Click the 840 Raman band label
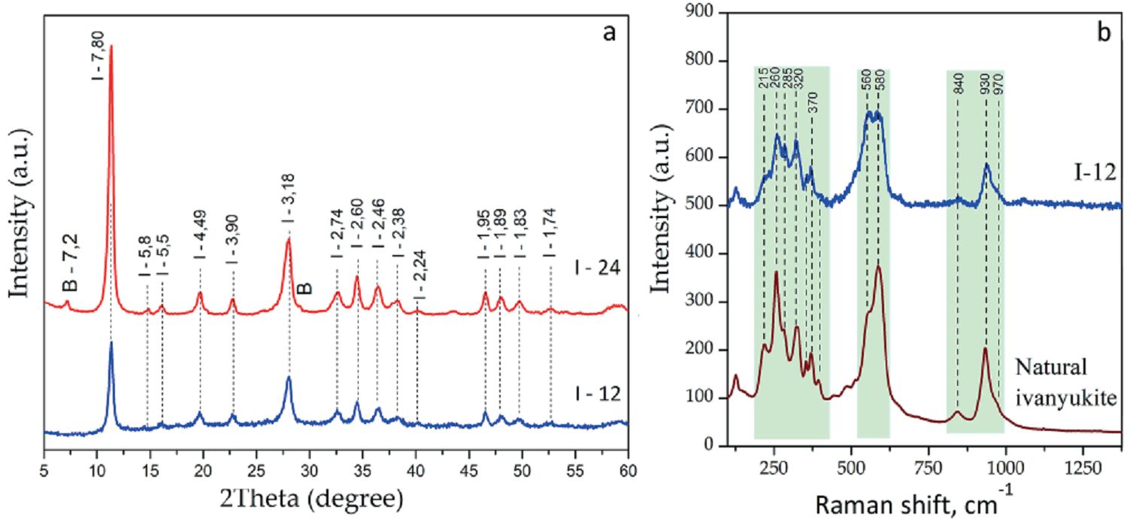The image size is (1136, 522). [958, 85]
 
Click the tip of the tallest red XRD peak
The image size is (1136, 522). [111, 46]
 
